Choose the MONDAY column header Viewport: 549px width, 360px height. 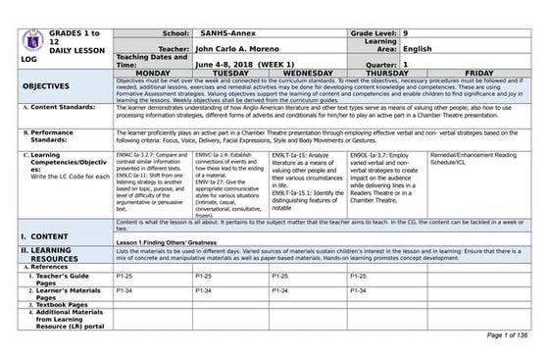click(153, 73)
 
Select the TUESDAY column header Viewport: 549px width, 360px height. click(229, 73)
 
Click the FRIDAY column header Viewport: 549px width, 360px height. click(479, 73)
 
